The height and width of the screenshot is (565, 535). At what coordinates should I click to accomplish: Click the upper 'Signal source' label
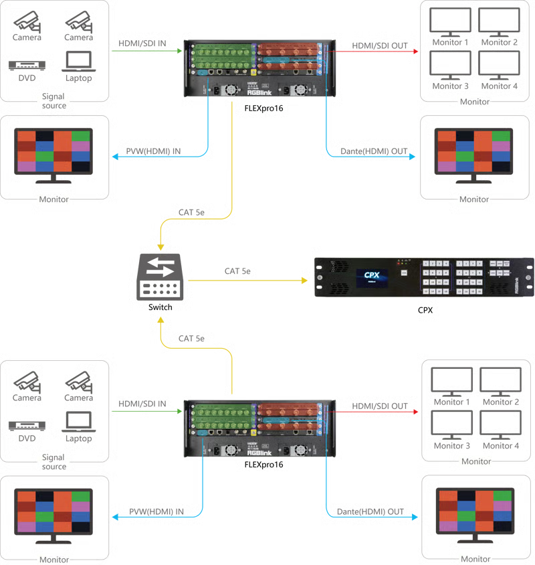click(54, 101)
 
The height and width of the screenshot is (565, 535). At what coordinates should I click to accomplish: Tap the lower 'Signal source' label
click(54, 461)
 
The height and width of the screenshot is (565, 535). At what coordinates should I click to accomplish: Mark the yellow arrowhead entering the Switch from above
click(160, 245)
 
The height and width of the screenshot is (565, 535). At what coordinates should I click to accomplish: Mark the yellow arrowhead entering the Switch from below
click(160, 322)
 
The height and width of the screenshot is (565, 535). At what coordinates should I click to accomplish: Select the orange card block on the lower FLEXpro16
click(288, 416)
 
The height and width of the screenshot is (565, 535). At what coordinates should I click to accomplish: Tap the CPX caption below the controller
click(424, 309)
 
